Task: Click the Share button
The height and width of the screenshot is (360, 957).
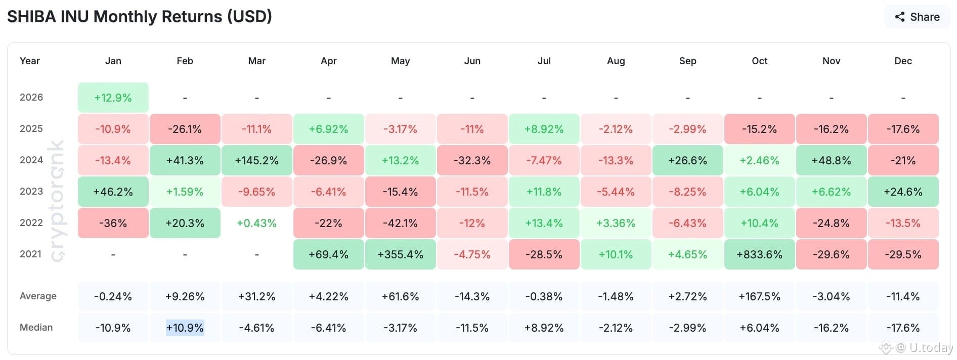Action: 917,17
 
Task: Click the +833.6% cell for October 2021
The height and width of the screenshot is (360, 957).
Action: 759,254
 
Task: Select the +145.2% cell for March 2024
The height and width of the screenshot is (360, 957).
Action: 256,160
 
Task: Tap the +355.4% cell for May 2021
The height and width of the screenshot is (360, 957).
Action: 400,254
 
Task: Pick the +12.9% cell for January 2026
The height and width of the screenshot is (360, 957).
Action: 113,98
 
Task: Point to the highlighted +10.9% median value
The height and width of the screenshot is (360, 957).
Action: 185,328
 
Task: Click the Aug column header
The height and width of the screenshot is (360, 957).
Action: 616,61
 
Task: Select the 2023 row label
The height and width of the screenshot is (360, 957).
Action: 31,191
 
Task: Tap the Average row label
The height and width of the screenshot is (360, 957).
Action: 38,296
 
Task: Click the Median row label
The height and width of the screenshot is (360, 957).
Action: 36,327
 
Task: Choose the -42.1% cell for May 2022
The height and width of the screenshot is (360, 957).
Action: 400,223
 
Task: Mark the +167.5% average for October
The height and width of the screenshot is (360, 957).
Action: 759,296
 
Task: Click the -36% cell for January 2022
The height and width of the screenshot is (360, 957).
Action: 113,223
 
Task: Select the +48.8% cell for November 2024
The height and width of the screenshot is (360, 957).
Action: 831,160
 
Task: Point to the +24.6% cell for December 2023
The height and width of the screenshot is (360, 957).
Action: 903,192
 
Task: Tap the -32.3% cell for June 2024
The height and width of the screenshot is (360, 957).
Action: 472,160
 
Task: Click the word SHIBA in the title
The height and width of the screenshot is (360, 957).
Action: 31,17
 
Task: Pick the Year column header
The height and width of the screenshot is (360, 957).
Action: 29,61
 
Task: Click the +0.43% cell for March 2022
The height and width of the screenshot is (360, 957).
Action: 256,223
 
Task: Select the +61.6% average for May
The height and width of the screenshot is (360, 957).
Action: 400,296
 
